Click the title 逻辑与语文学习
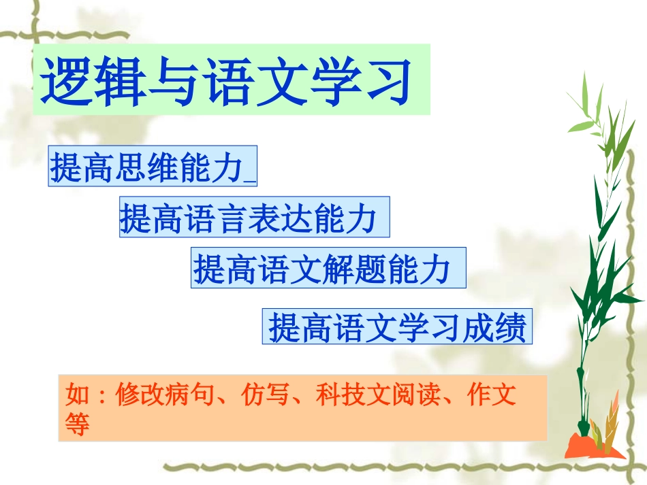pos(232,80)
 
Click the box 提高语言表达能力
pos(254,218)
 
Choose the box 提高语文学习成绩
pos(396,328)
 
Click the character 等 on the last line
pos(76,424)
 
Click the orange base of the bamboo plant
pos(593,446)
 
